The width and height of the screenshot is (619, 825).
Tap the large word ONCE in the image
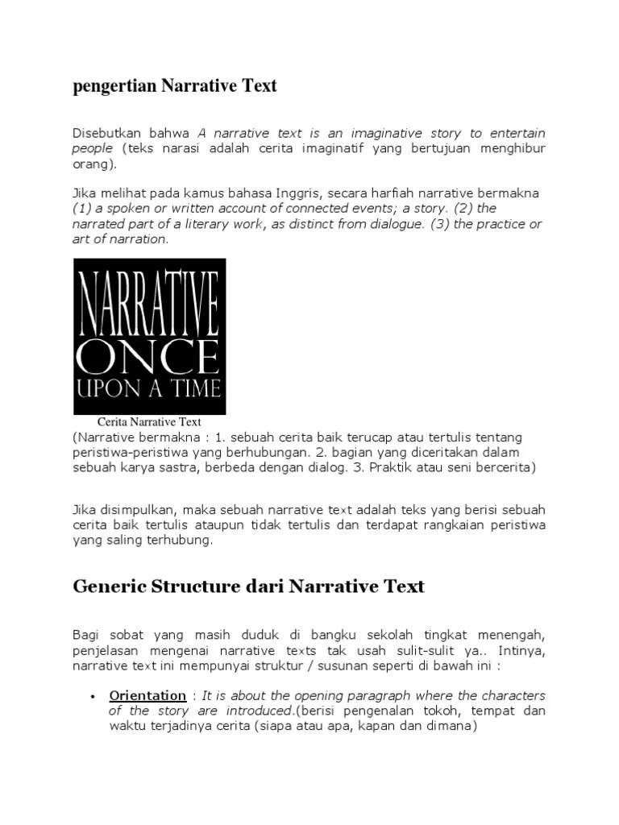pyautogui.click(x=149, y=354)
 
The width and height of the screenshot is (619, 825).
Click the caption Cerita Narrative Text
pyautogui.click(x=149, y=421)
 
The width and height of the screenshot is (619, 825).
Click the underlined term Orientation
pyautogui.click(x=147, y=695)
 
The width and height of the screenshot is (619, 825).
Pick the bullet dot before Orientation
pyautogui.click(x=93, y=696)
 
